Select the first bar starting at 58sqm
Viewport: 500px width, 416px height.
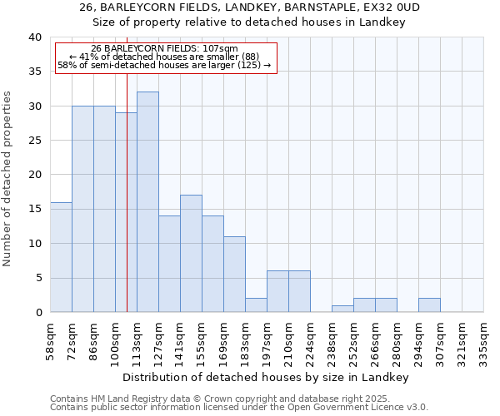pyautogui.click(x=61, y=257)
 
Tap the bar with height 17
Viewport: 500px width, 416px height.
pyautogui.click(x=191, y=254)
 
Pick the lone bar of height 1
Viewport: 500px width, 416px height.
pyautogui.click(x=342, y=309)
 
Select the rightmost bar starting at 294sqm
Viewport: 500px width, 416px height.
pyautogui.click(x=429, y=305)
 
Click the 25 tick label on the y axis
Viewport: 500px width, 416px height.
pyautogui.click(x=34, y=141)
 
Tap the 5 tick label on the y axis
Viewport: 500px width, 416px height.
pyautogui.click(x=37, y=278)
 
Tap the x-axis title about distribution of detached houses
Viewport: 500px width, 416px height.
pyautogui.click(x=271, y=377)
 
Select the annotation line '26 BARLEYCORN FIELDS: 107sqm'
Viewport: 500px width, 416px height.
pyautogui.click(x=165, y=49)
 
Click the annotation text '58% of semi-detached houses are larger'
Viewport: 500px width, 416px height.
pyautogui.click(x=164, y=65)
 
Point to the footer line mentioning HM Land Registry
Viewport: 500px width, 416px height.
pyautogui.click(x=220, y=399)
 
